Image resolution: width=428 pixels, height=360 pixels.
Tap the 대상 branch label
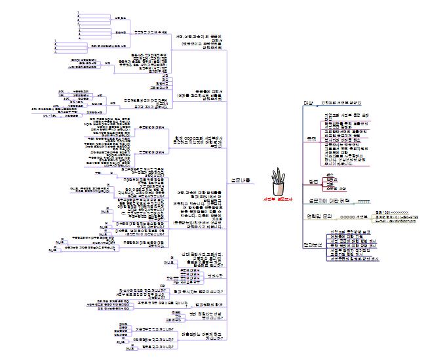(x=309, y=103)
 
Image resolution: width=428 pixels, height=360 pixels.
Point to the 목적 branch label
(x=311, y=139)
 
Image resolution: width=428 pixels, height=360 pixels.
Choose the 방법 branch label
(x=313, y=181)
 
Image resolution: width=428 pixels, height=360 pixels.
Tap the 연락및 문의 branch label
(x=319, y=215)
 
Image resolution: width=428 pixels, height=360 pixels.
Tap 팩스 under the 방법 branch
(x=330, y=176)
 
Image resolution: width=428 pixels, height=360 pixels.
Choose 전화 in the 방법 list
(x=330, y=184)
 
